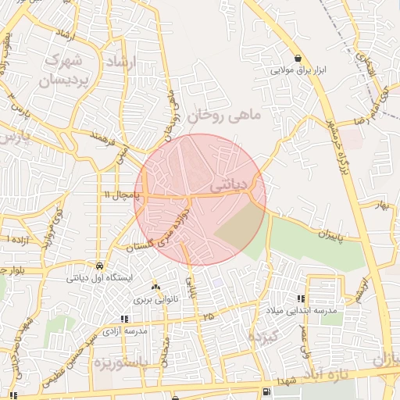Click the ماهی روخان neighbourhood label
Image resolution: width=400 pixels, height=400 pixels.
(223, 116)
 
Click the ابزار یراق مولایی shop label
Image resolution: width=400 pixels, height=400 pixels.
(298, 70)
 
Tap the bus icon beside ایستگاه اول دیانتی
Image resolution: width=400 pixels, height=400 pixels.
(99, 265)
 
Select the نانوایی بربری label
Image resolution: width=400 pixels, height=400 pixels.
(155, 298)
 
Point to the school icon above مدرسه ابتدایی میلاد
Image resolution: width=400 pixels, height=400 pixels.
(301, 298)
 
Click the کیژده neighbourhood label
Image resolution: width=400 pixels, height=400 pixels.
(262, 337)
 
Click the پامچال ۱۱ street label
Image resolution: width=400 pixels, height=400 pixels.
(118, 193)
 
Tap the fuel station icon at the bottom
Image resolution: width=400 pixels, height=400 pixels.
(268, 390)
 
